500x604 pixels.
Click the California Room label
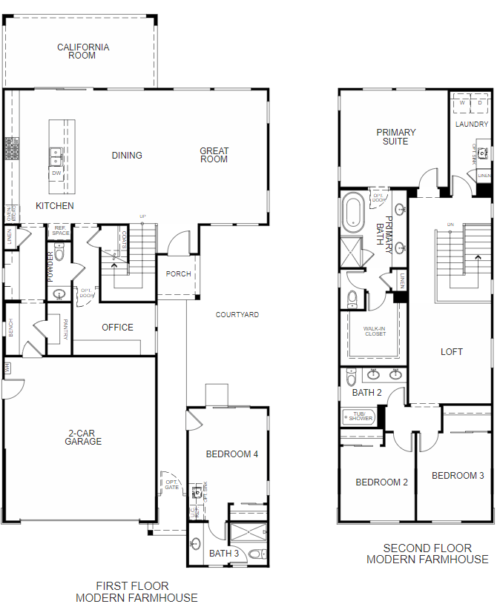click(83, 51)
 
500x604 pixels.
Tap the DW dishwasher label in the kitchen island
click(56, 173)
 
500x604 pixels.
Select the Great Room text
click(214, 155)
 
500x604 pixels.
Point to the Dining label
click(127, 156)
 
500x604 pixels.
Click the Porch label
click(178, 274)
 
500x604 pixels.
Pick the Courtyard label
click(237, 315)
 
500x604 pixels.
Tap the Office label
click(117, 327)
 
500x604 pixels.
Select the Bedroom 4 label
click(233, 454)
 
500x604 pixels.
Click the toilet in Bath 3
click(255, 554)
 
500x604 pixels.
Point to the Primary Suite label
click(395, 137)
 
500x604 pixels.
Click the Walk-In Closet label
click(375, 331)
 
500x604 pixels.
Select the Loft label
click(452, 352)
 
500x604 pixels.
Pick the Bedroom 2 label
click(382, 482)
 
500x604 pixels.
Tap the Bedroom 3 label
click(458, 476)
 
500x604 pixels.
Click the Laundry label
click(472, 125)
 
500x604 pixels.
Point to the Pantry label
click(66, 329)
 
